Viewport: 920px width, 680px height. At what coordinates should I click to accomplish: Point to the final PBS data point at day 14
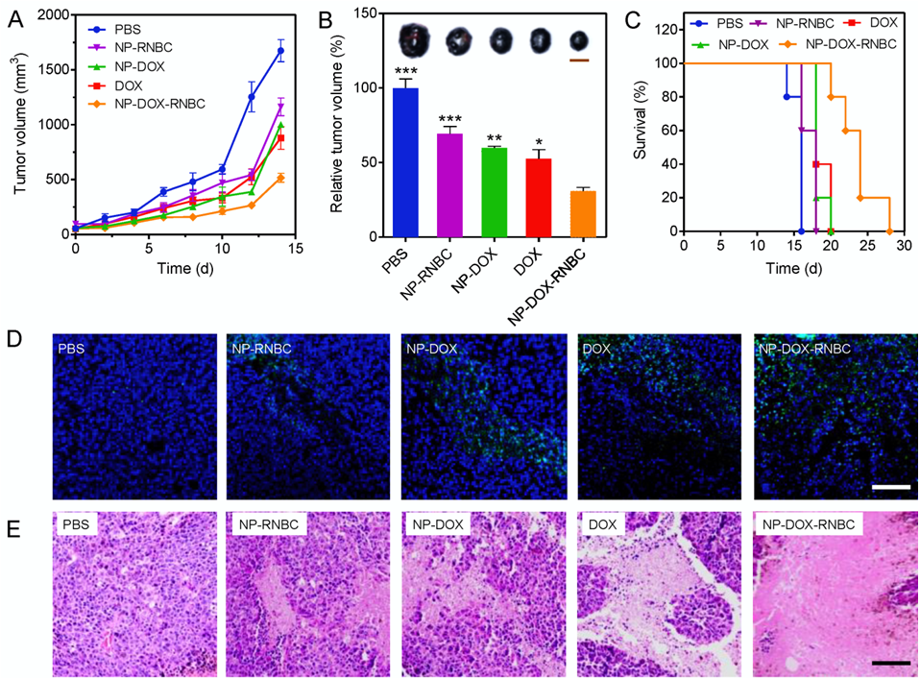[x=280, y=51]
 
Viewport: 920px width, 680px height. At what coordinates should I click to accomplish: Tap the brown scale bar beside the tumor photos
[x=578, y=60]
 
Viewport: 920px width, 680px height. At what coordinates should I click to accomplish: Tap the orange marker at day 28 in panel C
[x=889, y=231]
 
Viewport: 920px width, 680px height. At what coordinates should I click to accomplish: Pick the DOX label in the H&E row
[x=601, y=527]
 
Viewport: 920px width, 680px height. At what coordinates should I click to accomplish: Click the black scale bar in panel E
[x=890, y=662]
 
